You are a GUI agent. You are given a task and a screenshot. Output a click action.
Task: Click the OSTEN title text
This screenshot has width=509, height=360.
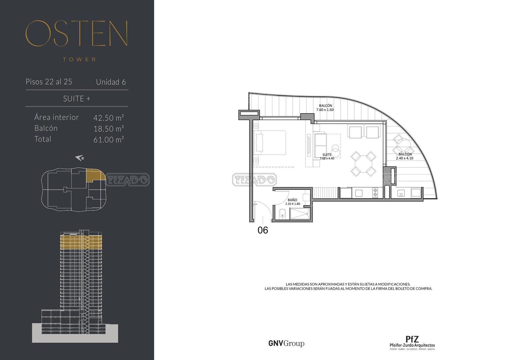point(76,33)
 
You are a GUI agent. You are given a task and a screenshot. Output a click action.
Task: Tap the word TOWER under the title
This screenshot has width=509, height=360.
point(79,60)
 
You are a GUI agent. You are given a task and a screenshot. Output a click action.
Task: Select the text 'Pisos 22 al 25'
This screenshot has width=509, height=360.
point(49,82)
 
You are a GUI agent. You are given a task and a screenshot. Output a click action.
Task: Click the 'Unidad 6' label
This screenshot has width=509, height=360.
point(111,82)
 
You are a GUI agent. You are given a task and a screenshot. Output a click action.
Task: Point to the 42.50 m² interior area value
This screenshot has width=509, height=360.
point(109,117)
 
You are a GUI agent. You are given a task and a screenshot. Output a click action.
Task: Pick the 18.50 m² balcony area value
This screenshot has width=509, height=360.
point(109,128)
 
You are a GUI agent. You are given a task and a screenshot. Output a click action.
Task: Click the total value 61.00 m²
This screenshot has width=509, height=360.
point(109,139)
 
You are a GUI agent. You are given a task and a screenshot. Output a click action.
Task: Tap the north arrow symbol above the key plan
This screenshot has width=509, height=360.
point(80,158)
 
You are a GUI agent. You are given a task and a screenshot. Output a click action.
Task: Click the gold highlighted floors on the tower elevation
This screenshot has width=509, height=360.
point(81,242)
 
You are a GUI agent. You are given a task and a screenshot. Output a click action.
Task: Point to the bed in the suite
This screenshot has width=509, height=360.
point(270,142)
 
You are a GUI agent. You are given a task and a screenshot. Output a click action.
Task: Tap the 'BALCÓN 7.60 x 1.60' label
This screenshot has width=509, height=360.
point(325,107)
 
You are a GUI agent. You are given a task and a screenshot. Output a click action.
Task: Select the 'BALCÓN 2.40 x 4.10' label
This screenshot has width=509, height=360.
point(405,156)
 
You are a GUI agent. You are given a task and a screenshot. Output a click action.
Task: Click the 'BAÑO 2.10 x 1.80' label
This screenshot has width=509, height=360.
point(292,202)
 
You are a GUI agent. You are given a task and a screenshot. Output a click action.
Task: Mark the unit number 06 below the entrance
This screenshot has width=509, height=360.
point(263,230)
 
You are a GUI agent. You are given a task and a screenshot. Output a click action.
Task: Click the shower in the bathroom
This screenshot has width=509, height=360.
point(300,214)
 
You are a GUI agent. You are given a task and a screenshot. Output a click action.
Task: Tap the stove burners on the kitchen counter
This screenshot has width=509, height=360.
point(375,193)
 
